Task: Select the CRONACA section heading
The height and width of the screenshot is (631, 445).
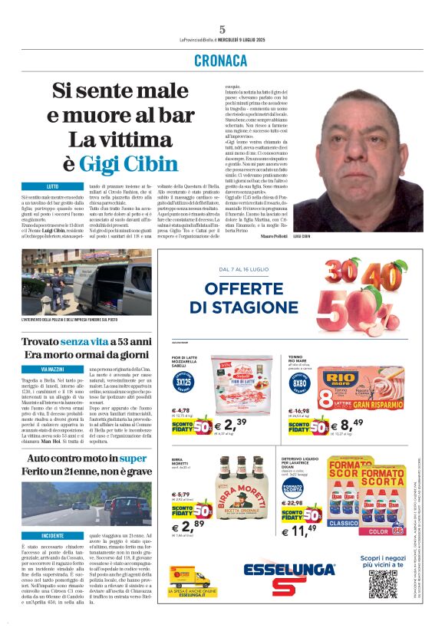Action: pyautogui.click(x=222, y=60)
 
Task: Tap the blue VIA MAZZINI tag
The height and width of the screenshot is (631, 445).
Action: pyautogui.click(x=51, y=370)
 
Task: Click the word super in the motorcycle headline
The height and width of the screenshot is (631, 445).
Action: pyautogui.click(x=132, y=458)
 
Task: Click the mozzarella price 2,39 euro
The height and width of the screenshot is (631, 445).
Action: pyautogui.click(x=230, y=424)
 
